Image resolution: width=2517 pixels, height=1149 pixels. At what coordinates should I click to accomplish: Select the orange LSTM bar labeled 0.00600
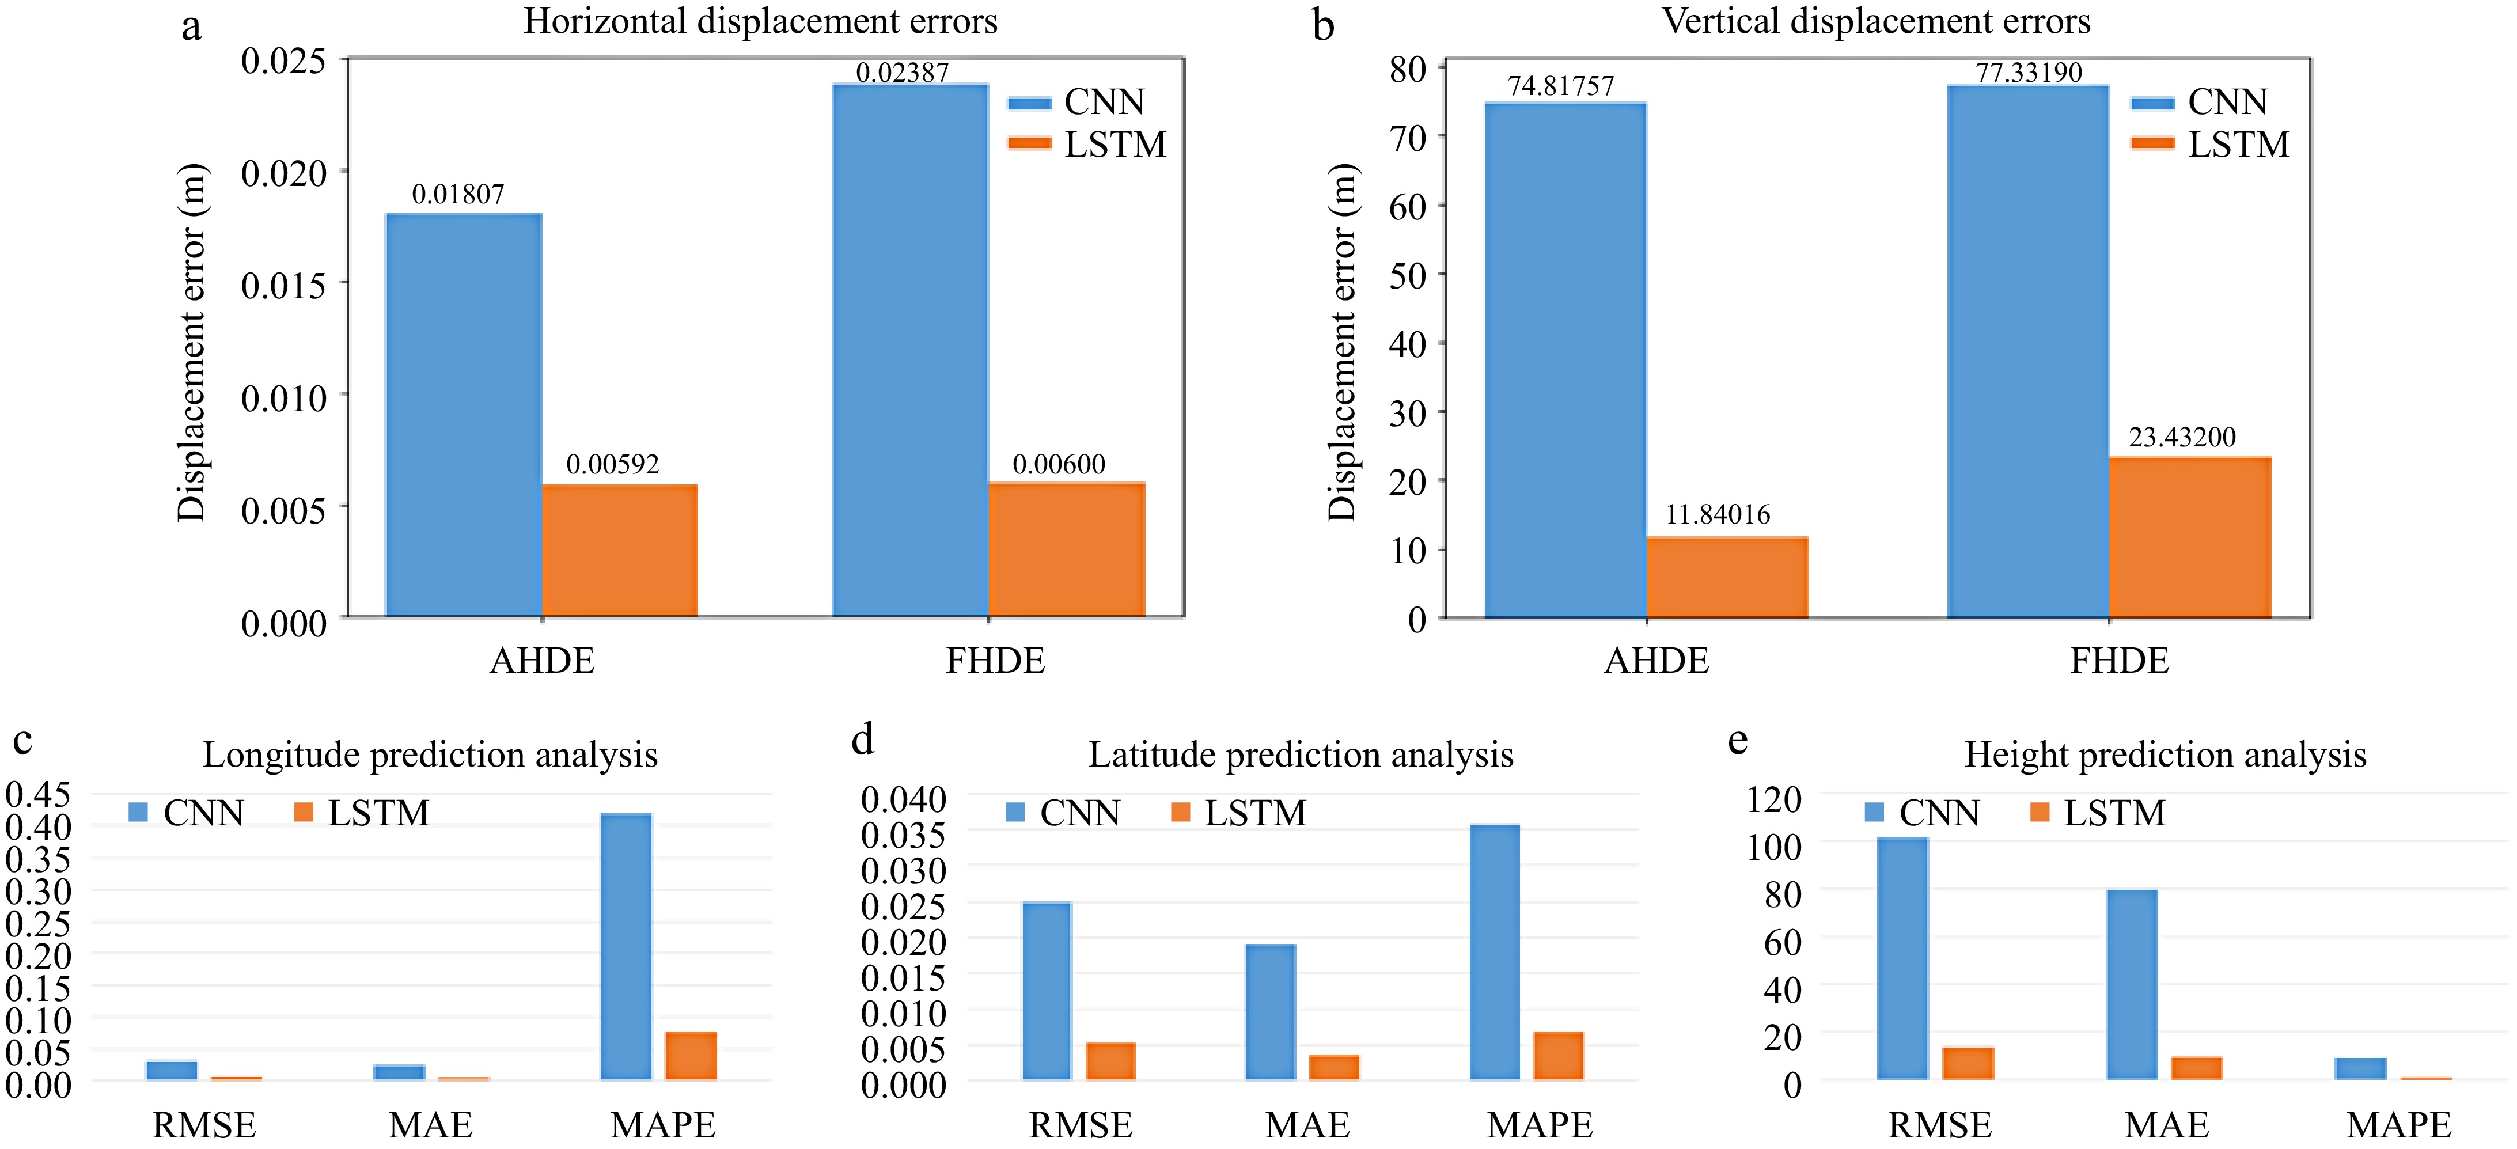point(1066,550)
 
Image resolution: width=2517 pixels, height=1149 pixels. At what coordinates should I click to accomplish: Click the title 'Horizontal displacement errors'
point(760,21)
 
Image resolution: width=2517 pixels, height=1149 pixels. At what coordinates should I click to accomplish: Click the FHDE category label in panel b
point(2120,661)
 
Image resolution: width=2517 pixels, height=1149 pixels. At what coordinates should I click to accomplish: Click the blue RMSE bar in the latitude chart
point(1047,991)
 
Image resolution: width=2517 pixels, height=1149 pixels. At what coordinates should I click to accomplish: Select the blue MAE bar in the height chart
point(2132,985)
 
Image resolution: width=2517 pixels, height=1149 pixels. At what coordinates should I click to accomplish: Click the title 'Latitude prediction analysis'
point(1301,755)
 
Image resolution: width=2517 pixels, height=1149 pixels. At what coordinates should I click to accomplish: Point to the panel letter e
point(1737,741)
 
